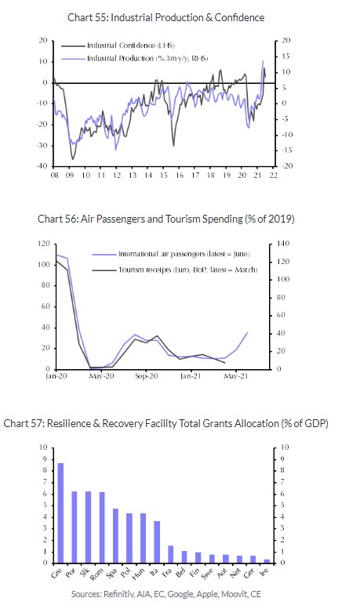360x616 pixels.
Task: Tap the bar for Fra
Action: (x=170, y=554)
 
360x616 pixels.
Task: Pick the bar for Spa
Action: (x=115, y=535)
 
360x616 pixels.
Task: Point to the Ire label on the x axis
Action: (x=265, y=573)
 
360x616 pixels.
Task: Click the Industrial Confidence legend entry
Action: (x=118, y=45)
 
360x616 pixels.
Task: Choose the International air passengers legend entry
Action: (x=171, y=254)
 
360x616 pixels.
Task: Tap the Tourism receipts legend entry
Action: (x=175, y=270)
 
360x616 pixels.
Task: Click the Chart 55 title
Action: (x=165, y=17)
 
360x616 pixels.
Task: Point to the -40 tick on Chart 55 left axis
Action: (x=42, y=167)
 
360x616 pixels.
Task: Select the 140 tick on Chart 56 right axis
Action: (x=283, y=244)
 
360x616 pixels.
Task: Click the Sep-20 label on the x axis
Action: (x=146, y=376)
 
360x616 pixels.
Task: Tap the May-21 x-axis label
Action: (x=236, y=376)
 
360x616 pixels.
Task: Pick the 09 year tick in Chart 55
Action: (x=70, y=176)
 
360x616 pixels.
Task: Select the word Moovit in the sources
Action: (x=235, y=594)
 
